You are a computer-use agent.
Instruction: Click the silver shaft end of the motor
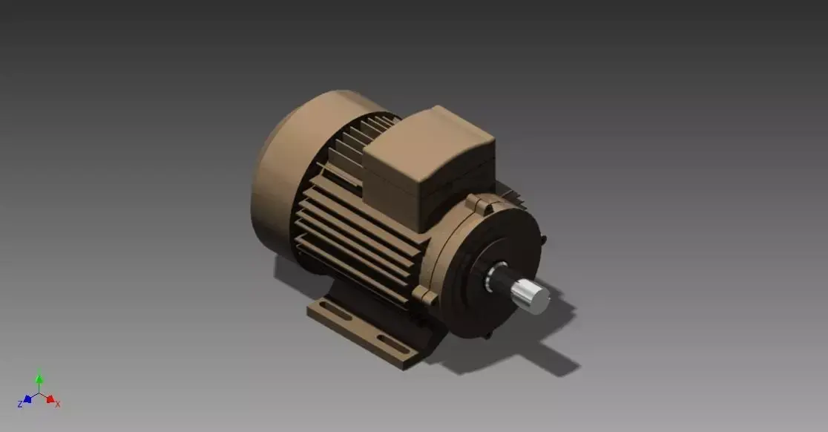533,296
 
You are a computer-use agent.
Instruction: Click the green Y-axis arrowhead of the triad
39,379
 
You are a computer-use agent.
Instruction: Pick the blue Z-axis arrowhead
27,399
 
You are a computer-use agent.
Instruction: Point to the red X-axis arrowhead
50,399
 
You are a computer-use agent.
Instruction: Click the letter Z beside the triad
20,405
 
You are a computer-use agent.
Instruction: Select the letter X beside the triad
58,405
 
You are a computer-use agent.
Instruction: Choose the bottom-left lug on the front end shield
428,297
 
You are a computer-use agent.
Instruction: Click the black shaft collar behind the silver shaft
499,280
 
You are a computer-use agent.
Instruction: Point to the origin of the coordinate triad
39,394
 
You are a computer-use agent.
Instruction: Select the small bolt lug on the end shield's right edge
544,240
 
